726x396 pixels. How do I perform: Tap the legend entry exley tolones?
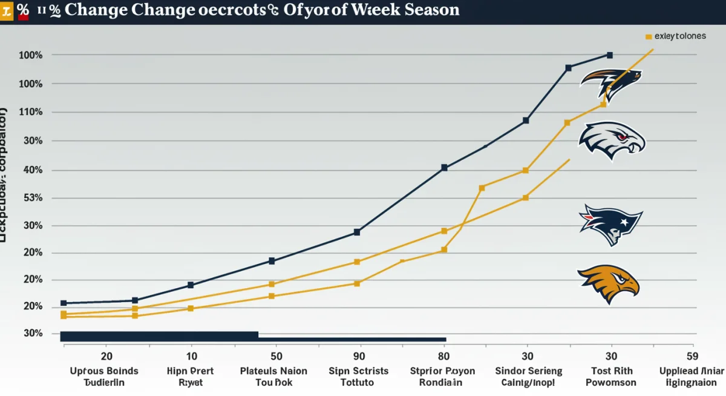click(x=679, y=36)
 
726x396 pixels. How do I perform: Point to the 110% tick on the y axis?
click(x=31, y=112)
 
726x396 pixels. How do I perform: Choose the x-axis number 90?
click(x=359, y=357)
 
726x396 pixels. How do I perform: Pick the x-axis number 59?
click(x=692, y=357)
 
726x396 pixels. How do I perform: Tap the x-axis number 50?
click(x=275, y=357)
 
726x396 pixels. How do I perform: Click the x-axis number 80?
click(x=442, y=357)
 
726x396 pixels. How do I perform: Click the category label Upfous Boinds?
click(x=104, y=377)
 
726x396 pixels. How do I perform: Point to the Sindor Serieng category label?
click(x=528, y=377)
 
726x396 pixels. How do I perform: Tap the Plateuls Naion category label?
click(x=273, y=377)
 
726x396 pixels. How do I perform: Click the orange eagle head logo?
click(x=609, y=283)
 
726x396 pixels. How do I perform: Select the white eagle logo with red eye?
click(x=612, y=140)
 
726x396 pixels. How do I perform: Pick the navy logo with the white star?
click(x=610, y=224)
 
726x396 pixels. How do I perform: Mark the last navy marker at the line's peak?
click(x=609, y=55)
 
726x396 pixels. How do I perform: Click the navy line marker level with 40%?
click(x=444, y=168)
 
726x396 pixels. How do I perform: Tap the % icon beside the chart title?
click(x=23, y=10)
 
